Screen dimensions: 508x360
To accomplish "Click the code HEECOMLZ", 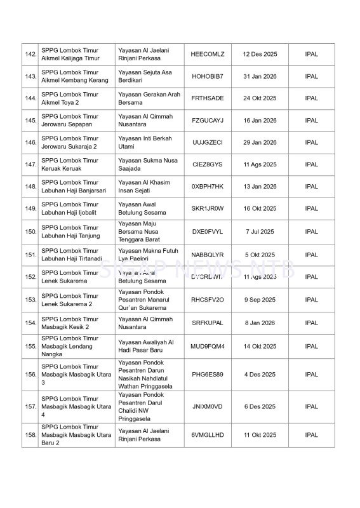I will (207, 54).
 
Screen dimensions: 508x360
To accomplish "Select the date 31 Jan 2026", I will (259, 76).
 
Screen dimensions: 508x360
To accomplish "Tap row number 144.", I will (30, 98).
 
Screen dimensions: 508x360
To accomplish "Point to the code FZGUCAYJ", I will (207, 120).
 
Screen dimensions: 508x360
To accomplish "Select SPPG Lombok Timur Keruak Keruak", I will (70, 164).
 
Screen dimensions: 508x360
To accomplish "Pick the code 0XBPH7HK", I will (207, 187).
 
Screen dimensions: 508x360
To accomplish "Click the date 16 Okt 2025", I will (259, 208).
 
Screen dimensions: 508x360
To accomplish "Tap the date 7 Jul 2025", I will (259, 232).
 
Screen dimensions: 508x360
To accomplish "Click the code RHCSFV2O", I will (207, 300).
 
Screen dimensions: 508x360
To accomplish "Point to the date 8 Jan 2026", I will (259, 323).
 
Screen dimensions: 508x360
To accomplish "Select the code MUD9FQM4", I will (207, 346).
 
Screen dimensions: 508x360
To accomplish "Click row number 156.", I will (30, 375).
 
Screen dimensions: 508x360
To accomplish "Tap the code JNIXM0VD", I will (207, 406).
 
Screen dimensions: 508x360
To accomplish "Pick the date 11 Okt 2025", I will (259, 435).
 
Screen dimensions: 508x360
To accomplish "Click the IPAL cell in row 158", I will (311, 435).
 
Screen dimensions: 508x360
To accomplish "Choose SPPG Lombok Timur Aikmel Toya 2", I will (70, 98).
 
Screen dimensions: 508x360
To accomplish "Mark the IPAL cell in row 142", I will (311, 54).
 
